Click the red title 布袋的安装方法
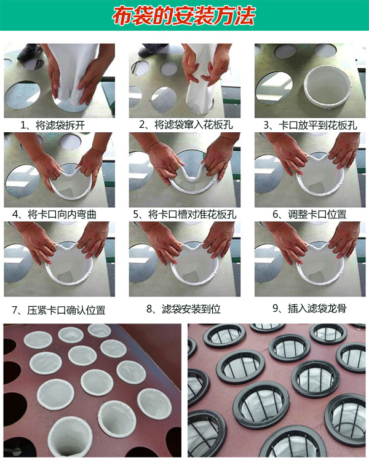click(x=183, y=15)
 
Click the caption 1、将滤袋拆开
click(x=53, y=125)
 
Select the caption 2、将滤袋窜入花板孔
click(x=186, y=125)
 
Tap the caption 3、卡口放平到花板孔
click(x=310, y=125)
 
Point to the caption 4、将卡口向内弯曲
click(x=54, y=214)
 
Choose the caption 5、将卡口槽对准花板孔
click(x=184, y=214)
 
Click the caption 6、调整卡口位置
click(x=309, y=214)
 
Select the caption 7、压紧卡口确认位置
click(x=58, y=310)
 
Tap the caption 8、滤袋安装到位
click(x=183, y=309)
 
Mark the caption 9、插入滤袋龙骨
click(x=309, y=308)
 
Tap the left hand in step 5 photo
click(x=164, y=162)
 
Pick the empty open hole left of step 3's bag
click(x=274, y=87)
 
